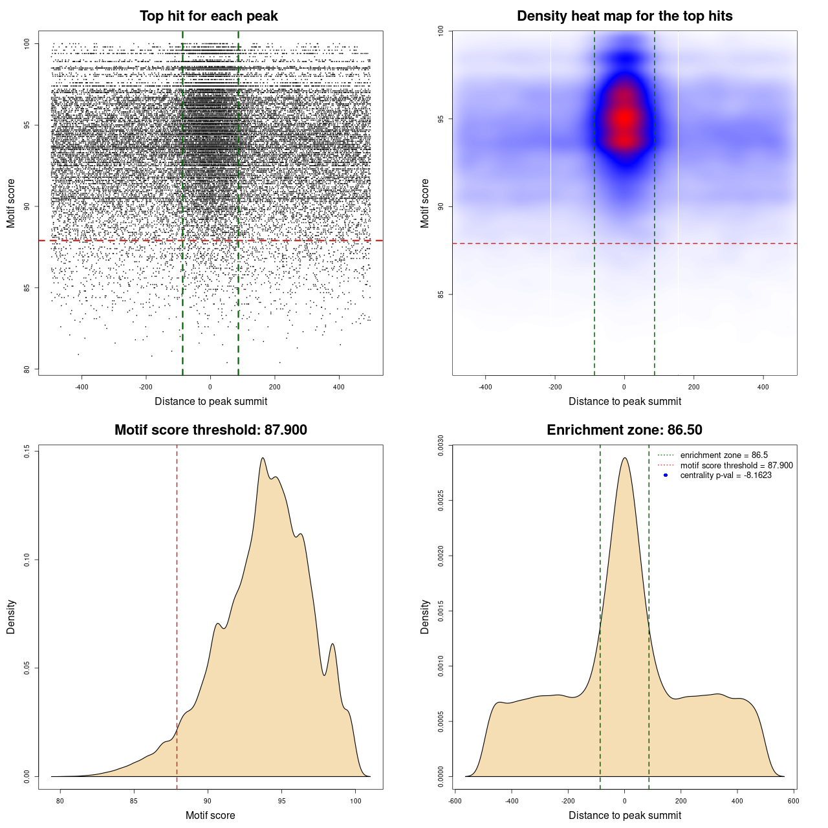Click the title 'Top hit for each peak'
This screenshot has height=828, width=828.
(x=209, y=16)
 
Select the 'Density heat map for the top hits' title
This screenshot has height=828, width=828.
(x=624, y=16)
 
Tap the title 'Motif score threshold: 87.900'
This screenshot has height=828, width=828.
(x=210, y=430)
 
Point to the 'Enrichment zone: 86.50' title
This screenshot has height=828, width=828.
(x=624, y=430)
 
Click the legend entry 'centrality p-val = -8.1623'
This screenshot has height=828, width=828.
(x=726, y=475)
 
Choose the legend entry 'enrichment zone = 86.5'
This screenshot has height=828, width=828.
(x=724, y=455)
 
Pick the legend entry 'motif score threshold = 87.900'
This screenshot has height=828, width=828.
(x=736, y=466)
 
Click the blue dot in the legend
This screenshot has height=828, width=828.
(x=666, y=475)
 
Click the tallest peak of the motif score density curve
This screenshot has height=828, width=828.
(x=263, y=458)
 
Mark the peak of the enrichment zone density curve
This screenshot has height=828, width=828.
(x=624, y=458)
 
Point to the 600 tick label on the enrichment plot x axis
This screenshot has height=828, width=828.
(x=793, y=801)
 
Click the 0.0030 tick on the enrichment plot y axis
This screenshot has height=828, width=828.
(x=441, y=446)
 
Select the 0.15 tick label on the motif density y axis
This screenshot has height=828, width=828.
(x=27, y=451)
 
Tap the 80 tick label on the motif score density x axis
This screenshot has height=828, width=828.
(x=60, y=801)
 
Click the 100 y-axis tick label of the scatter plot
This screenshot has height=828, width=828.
(x=27, y=43)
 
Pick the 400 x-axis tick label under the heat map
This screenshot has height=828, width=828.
(x=763, y=387)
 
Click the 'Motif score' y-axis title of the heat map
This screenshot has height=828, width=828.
(x=425, y=203)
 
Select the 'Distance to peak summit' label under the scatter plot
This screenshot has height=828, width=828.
(x=211, y=402)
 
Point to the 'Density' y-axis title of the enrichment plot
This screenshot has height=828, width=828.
(x=425, y=616)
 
